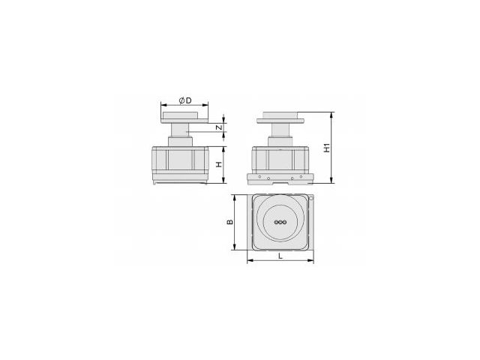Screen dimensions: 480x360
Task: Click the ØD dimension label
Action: click(185, 100)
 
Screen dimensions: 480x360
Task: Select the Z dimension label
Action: click(219, 127)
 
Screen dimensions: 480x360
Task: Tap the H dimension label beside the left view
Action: click(219, 165)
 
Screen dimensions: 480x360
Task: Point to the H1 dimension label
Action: click(328, 148)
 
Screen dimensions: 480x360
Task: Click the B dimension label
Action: click(230, 222)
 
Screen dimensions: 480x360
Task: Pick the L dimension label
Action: click(280, 256)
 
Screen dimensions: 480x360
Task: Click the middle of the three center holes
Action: click(280, 222)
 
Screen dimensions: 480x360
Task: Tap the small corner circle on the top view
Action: click(311, 198)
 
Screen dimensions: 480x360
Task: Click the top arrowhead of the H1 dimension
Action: click(331, 115)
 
